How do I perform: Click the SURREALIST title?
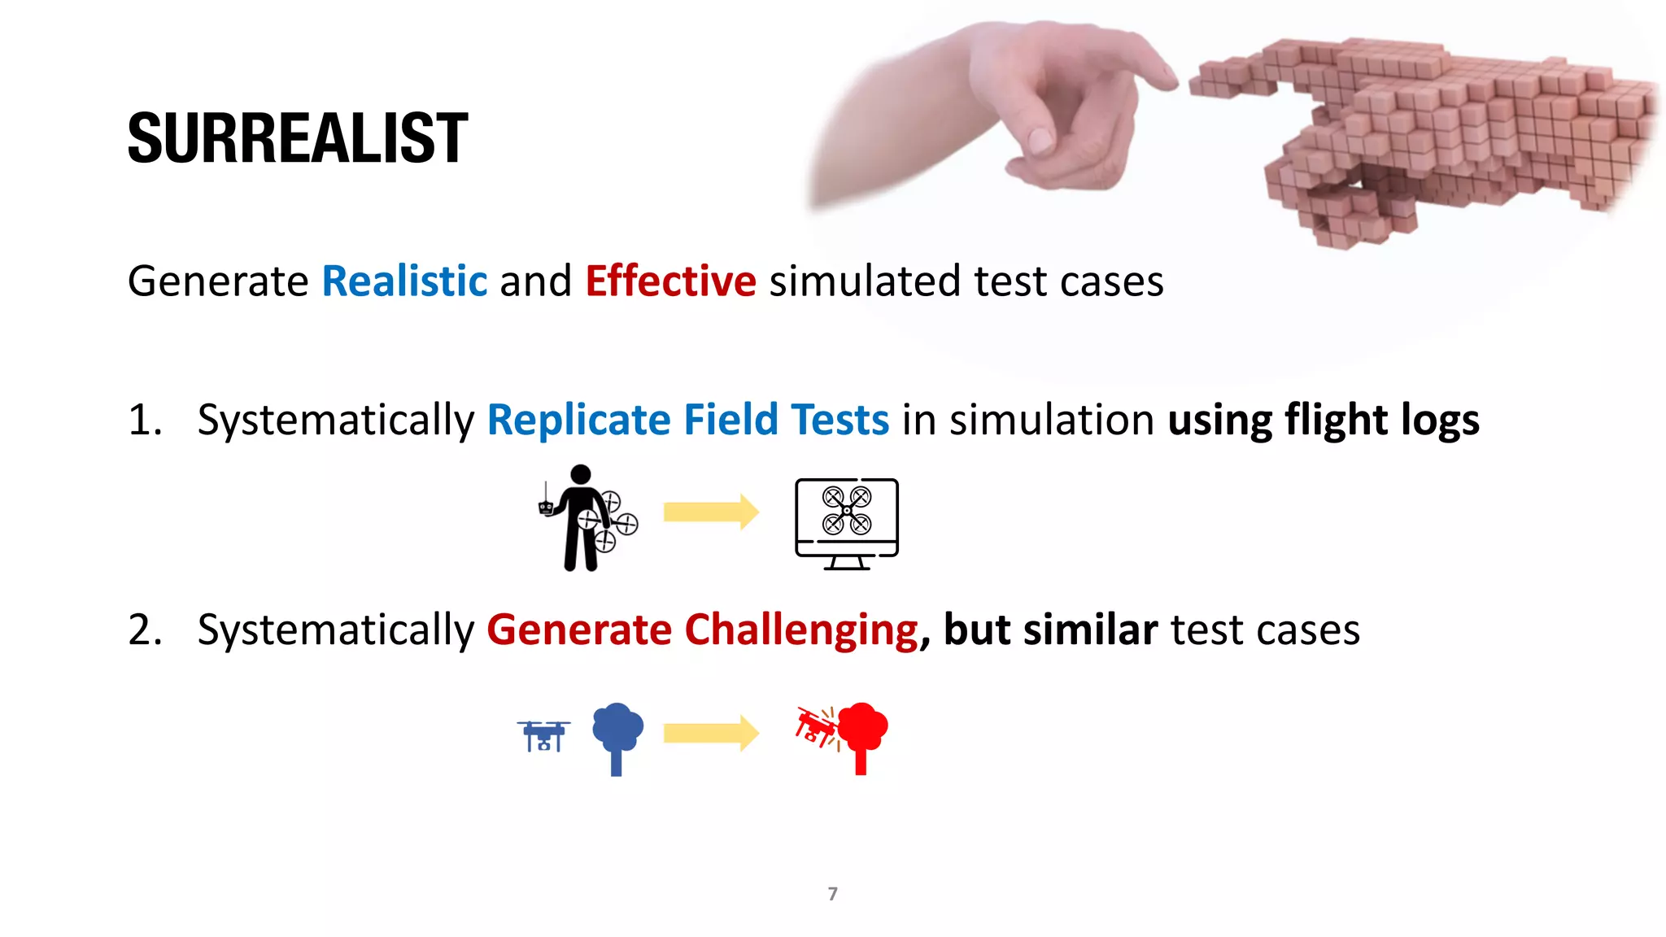tap(298, 138)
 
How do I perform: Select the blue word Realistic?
tap(404, 281)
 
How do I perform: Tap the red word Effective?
tap(670, 281)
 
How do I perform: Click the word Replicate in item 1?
tap(578, 421)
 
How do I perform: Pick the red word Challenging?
tap(801, 630)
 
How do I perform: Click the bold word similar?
tap(1090, 630)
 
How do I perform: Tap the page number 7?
tap(832, 894)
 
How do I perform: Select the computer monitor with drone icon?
tap(847, 523)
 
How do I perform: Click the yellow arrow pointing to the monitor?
tap(710, 512)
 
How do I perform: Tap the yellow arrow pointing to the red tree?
tap(710, 734)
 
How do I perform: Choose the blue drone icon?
tap(543, 735)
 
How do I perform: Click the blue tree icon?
tap(617, 737)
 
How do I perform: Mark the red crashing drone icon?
tap(817, 726)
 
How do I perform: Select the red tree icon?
tap(862, 735)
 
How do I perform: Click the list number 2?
tap(145, 630)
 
